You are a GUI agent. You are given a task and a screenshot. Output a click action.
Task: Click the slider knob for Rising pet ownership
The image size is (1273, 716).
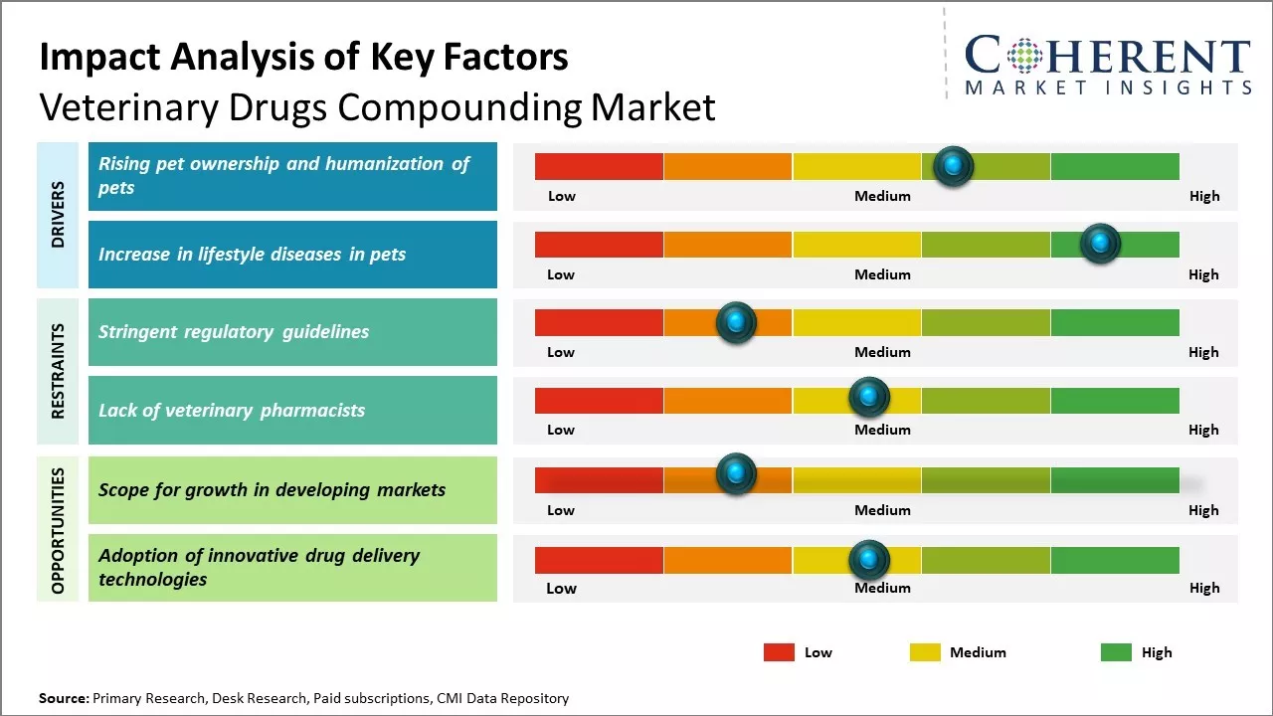coord(953,166)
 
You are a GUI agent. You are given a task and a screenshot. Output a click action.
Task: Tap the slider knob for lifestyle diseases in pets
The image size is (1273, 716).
coord(1100,244)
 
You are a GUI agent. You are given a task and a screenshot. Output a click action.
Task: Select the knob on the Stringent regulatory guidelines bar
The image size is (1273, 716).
coord(736,322)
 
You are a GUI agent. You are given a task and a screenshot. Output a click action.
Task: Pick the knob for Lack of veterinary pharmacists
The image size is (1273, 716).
coord(868,398)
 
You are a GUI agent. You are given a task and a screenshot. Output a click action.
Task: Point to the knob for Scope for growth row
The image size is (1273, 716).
coord(736,474)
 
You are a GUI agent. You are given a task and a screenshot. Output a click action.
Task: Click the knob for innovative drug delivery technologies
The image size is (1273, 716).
coord(868,560)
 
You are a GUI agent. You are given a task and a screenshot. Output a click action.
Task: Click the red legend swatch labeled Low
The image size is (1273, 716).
coord(779,652)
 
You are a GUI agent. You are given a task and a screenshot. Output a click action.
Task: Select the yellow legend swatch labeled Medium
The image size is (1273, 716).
coord(925,652)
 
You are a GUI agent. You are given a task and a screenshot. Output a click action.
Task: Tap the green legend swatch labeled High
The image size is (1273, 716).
coord(1116,652)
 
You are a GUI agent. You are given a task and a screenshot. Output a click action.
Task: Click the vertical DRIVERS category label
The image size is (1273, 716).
coord(58,215)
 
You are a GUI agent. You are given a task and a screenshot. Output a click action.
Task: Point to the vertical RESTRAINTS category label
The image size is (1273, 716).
coord(58,371)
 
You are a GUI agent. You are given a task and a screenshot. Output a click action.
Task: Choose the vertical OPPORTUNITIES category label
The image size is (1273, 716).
coord(58,530)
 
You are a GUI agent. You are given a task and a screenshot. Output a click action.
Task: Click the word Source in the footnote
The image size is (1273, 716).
coord(63,698)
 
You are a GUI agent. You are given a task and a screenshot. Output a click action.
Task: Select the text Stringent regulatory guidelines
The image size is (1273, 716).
coord(234,332)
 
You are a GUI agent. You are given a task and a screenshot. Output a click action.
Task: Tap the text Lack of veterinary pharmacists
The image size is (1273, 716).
coord(232,410)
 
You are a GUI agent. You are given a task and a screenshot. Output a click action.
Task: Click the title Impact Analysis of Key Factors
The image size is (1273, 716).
coord(303,57)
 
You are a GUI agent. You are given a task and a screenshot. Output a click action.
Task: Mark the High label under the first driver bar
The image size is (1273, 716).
coord(1203,196)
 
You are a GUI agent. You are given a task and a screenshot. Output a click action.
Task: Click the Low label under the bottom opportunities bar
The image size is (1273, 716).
coord(561,588)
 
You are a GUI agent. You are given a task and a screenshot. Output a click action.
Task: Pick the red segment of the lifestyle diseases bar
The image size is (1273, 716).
coord(599,245)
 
